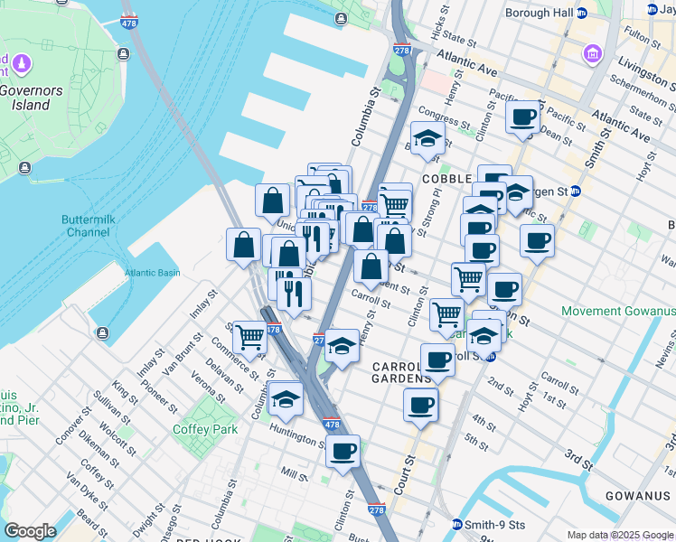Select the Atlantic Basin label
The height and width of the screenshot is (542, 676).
(x=152, y=272)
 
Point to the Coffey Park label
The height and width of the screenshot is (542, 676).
(x=205, y=429)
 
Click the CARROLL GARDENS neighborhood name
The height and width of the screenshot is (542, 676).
(x=404, y=372)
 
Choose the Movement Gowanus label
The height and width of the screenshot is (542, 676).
(x=618, y=312)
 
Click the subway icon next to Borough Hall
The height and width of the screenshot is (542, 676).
(x=581, y=14)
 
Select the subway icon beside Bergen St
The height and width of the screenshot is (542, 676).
(x=576, y=192)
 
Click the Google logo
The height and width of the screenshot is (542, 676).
(x=30, y=531)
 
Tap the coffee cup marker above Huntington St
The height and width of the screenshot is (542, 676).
(x=343, y=451)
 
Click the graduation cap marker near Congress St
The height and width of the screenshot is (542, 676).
(x=428, y=137)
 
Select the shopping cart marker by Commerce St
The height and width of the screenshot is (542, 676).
(x=249, y=337)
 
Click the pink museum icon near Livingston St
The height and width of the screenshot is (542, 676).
(x=592, y=53)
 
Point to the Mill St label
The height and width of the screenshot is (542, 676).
(x=294, y=472)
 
